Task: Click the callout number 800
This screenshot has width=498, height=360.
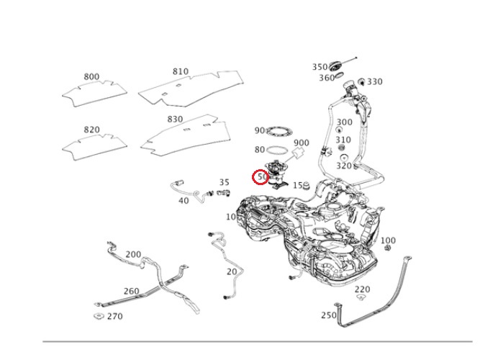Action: point(91,76)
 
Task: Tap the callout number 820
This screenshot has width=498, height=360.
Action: point(91,130)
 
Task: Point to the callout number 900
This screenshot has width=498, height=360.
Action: point(302,143)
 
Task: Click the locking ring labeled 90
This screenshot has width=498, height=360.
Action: point(279,132)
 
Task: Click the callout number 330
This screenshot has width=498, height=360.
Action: point(375,82)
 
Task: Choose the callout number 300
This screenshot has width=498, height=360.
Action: point(345,122)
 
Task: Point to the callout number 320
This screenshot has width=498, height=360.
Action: point(345,166)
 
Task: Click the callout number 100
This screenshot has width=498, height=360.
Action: point(388,240)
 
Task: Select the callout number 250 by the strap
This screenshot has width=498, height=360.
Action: point(328,315)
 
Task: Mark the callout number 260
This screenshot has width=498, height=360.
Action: point(131,291)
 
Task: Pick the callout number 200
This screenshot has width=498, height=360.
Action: point(133,254)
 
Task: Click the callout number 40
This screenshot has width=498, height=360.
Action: point(184,201)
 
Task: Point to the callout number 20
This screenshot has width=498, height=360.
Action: point(231,271)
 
